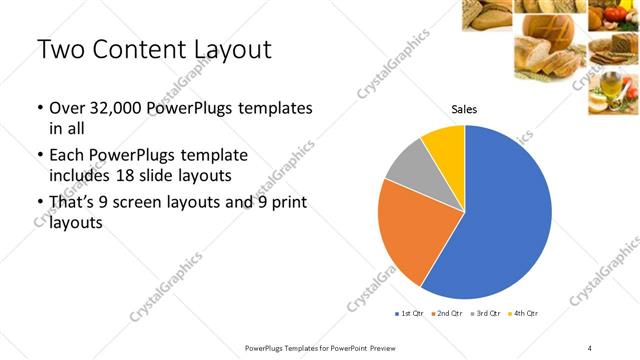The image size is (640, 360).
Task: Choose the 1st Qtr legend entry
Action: point(410,314)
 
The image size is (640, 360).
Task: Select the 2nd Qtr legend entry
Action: point(448,314)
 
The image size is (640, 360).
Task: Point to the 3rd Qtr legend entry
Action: point(486,314)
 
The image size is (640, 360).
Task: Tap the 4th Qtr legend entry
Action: point(524,314)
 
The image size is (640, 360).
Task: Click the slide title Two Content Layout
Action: point(154,48)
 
